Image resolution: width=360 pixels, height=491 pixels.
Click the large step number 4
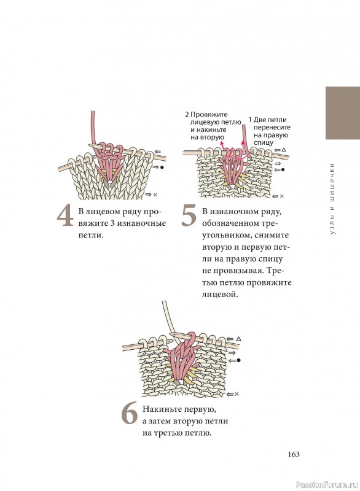pyautogui.click(x=65, y=216)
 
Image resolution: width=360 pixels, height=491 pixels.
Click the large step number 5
pyautogui.click(x=189, y=216)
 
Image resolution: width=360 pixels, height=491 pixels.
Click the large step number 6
pyautogui.click(x=130, y=413)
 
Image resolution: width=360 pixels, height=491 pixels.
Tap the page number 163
pyautogui.click(x=294, y=454)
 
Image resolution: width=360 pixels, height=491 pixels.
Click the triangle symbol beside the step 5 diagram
pyautogui.click(x=284, y=150)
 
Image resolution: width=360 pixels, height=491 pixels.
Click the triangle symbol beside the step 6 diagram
pyautogui.click(x=238, y=339)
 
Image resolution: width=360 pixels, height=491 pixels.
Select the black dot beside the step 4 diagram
pyautogui.click(x=162, y=168)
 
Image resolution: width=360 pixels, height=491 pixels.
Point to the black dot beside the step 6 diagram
pyautogui.click(x=239, y=360)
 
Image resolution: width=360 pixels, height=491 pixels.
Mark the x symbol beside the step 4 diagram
pyautogui.click(x=155, y=195)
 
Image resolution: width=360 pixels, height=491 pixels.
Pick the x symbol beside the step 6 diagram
pyautogui.click(x=237, y=394)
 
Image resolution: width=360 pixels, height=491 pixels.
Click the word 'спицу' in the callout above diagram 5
pyautogui.click(x=264, y=143)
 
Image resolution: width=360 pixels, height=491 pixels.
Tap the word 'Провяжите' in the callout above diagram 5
pyautogui.click(x=209, y=115)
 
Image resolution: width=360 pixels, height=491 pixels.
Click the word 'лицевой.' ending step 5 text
pyautogui.click(x=220, y=295)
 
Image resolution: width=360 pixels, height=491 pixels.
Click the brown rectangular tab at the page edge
pyautogui.click(x=343, y=113)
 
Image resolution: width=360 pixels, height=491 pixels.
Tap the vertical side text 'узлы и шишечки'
pyautogui.click(x=332, y=198)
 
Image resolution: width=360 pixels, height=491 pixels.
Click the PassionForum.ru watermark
pyautogui.click(x=326, y=484)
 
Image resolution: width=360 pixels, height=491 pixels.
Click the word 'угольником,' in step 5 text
pyautogui.click(x=225, y=235)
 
